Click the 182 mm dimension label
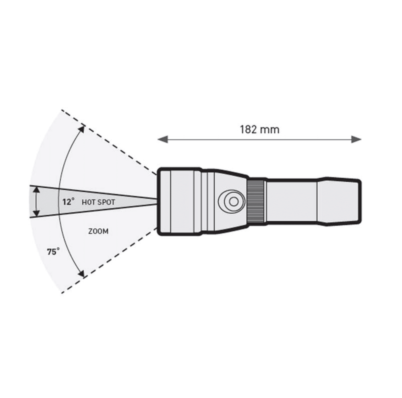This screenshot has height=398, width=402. click(259, 130)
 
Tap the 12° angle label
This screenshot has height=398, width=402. click(69, 202)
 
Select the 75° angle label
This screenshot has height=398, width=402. click(53, 251)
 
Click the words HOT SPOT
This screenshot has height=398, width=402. click(98, 202)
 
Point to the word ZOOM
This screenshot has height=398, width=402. click(98, 231)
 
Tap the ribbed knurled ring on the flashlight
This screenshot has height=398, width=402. click(256, 202)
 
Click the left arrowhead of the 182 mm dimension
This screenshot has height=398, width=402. click(163, 139)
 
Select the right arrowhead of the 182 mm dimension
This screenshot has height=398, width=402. click(356, 139)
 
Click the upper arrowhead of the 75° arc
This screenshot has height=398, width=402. click(81, 129)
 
